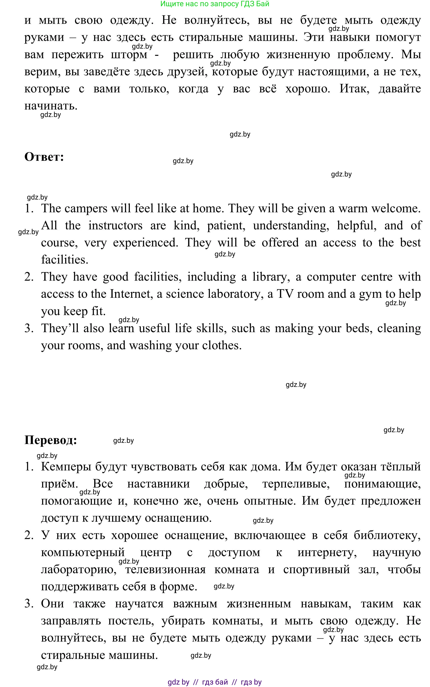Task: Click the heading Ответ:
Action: click(x=44, y=157)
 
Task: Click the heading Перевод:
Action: click(x=51, y=440)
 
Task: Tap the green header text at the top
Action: click(x=215, y=4)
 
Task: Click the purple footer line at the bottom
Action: click(x=215, y=682)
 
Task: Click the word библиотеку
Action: click(x=387, y=535)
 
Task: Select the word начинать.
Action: click(x=51, y=106)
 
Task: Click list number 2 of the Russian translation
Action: click(x=29, y=535)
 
